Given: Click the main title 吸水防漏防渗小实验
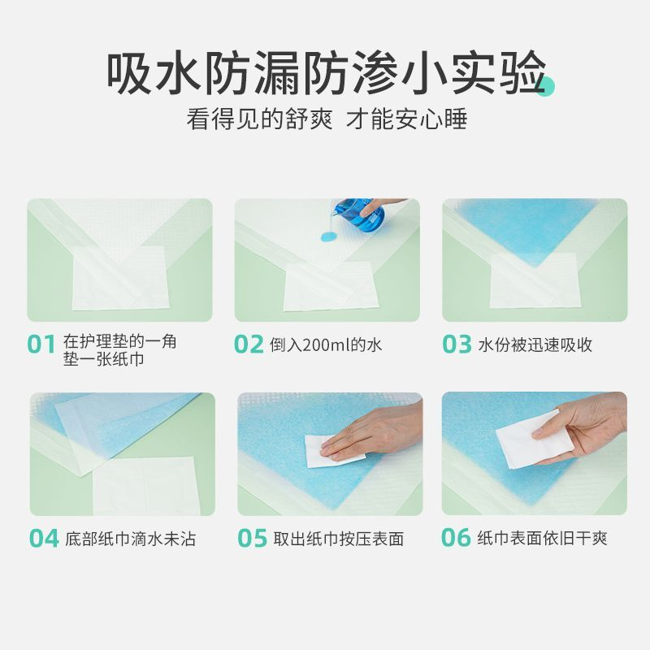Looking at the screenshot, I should pyautogui.click(x=325, y=73).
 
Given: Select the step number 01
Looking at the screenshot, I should pyautogui.click(x=41, y=344).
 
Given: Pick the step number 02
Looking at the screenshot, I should pyautogui.click(x=249, y=344).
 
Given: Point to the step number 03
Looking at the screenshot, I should pyautogui.click(x=457, y=344).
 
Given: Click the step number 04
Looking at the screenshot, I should pyautogui.click(x=44, y=539).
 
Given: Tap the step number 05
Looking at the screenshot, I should pyautogui.click(x=252, y=539).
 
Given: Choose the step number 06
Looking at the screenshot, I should pyautogui.click(x=457, y=539).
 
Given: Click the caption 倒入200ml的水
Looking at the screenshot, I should pyautogui.click(x=326, y=345).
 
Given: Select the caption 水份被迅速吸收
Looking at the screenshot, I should pyautogui.click(x=535, y=345).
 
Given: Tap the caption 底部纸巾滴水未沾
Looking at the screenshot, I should pyautogui.click(x=130, y=539).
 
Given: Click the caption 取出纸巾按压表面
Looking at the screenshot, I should pyautogui.click(x=338, y=539).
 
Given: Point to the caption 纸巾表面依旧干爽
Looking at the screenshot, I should pyautogui.click(x=542, y=539).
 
